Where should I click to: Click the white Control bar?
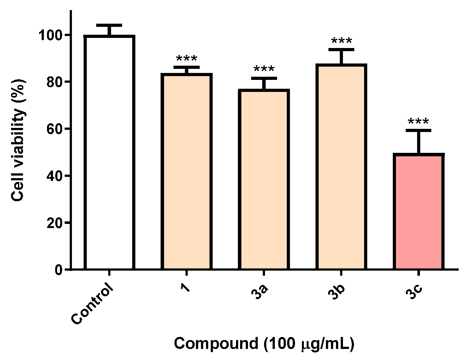pos(109,152)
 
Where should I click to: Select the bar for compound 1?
pos(187,171)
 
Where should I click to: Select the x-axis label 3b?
pos(336,292)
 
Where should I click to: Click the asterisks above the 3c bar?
pos(418,122)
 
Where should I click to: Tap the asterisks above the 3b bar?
pos(341,41)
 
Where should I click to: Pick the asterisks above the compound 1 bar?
pos(187,59)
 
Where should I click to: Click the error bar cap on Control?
pos(109,25)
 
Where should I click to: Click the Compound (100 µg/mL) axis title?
pos(264,344)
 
